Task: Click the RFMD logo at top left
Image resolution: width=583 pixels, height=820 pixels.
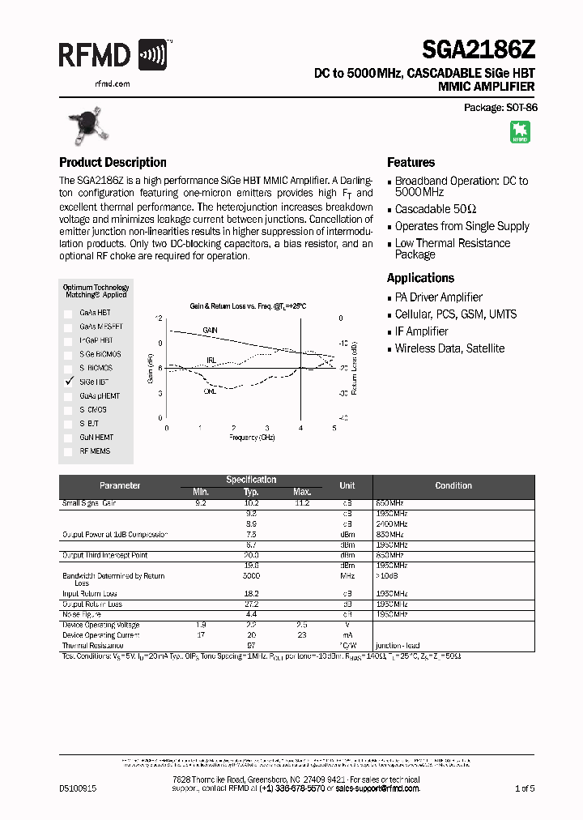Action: click(113, 56)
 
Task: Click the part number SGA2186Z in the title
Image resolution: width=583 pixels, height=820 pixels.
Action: click(479, 51)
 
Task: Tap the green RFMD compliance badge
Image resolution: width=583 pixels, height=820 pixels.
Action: click(519, 132)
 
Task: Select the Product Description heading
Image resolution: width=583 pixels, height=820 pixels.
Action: click(113, 162)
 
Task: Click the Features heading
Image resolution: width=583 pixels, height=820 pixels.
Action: click(411, 162)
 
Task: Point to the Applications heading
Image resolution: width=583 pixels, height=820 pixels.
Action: click(420, 278)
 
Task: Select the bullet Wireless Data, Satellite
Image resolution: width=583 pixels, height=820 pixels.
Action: click(449, 348)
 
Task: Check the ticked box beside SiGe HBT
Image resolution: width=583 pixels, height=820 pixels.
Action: click(68, 381)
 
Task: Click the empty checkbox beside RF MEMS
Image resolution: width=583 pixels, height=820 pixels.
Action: click(68, 451)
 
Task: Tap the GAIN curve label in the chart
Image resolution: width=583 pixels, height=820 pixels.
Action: click(210, 331)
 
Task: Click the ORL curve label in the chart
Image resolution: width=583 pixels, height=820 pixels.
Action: click(210, 391)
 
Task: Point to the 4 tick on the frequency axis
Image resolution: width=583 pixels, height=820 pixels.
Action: click(300, 428)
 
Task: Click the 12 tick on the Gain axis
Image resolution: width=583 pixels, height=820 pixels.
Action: click(159, 318)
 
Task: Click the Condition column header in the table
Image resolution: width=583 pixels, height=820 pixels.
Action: click(453, 485)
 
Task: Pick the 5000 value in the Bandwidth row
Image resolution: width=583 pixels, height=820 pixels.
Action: click(251, 576)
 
